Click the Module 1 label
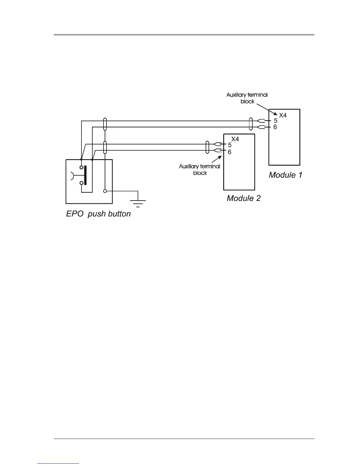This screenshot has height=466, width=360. pyautogui.click(x=285, y=175)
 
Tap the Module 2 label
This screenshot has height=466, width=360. pyautogui.click(x=244, y=198)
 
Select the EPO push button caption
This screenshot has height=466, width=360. pyautogui.click(x=98, y=214)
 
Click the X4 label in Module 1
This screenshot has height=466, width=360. pyautogui.click(x=283, y=115)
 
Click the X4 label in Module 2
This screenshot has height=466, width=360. pyautogui.click(x=235, y=139)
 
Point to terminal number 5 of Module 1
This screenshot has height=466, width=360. pyautogui.click(x=276, y=121)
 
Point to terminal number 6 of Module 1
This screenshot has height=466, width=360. pyautogui.click(x=275, y=127)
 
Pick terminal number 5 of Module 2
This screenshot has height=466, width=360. pyautogui.click(x=230, y=145)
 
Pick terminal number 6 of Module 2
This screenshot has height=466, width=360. pyautogui.click(x=229, y=152)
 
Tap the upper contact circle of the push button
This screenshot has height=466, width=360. pyautogui.click(x=81, y=167)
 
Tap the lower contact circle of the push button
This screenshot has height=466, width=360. pyautogui.click(x=81, y=183)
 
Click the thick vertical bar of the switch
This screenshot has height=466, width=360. pyautogui.click(x=85, y=175)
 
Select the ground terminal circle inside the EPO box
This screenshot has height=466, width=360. pyautogui.click(x=105, y=191)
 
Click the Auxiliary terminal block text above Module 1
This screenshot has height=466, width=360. pyautogui.click(x=247, y=98)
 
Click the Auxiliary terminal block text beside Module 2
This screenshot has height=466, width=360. pyautogui.click(x=200, y=169)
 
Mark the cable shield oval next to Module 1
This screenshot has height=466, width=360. pyautogui.click(x=251, y=124)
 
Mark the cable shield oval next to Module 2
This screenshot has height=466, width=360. pyautogui.click(x=207, y=147)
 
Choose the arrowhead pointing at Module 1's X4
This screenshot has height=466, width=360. pyautogui.click(x=275, y=114)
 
